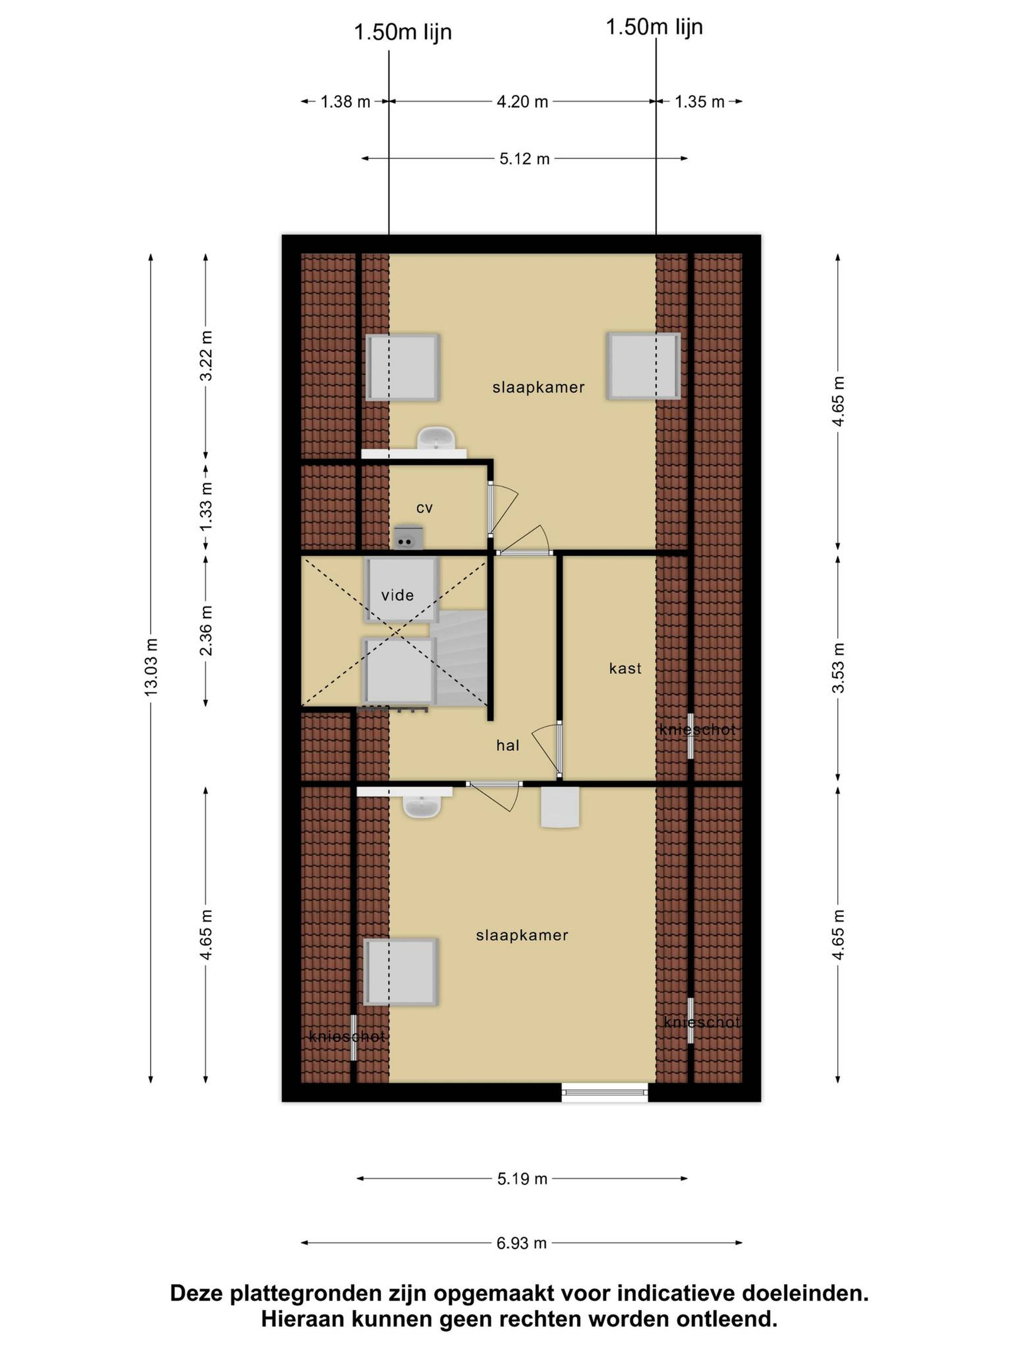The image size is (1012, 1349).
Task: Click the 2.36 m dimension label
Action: point(206,630)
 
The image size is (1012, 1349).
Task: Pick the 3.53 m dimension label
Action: point(838,668)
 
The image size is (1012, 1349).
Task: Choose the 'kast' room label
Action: point(625,668)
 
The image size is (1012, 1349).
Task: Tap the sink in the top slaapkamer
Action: point(436,439)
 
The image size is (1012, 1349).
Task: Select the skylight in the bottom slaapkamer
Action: point(401,972)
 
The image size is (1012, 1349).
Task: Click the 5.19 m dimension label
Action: point(522,1178)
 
